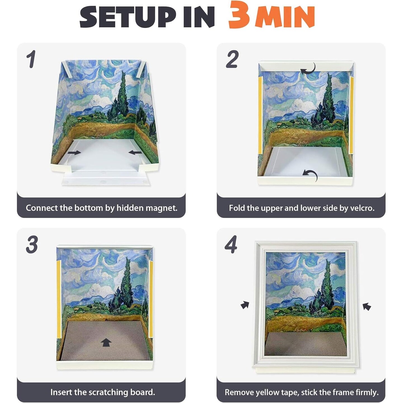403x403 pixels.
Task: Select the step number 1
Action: point(31,59)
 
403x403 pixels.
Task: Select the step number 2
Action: point(232,59)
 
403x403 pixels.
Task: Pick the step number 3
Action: point(32,244)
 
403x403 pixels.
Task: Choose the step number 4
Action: point(231,244)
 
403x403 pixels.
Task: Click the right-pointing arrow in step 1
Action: point(74,153)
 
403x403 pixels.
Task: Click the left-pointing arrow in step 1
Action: point(135,152)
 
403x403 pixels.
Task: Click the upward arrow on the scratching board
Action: point(106,342)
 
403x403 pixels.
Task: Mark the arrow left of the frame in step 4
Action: point(245,305)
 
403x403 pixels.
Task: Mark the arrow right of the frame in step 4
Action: point(367,306)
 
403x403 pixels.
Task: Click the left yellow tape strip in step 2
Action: point(260,115)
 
